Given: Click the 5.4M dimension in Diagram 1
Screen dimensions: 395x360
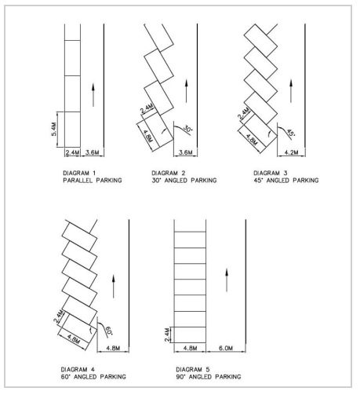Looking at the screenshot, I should (52, 125).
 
